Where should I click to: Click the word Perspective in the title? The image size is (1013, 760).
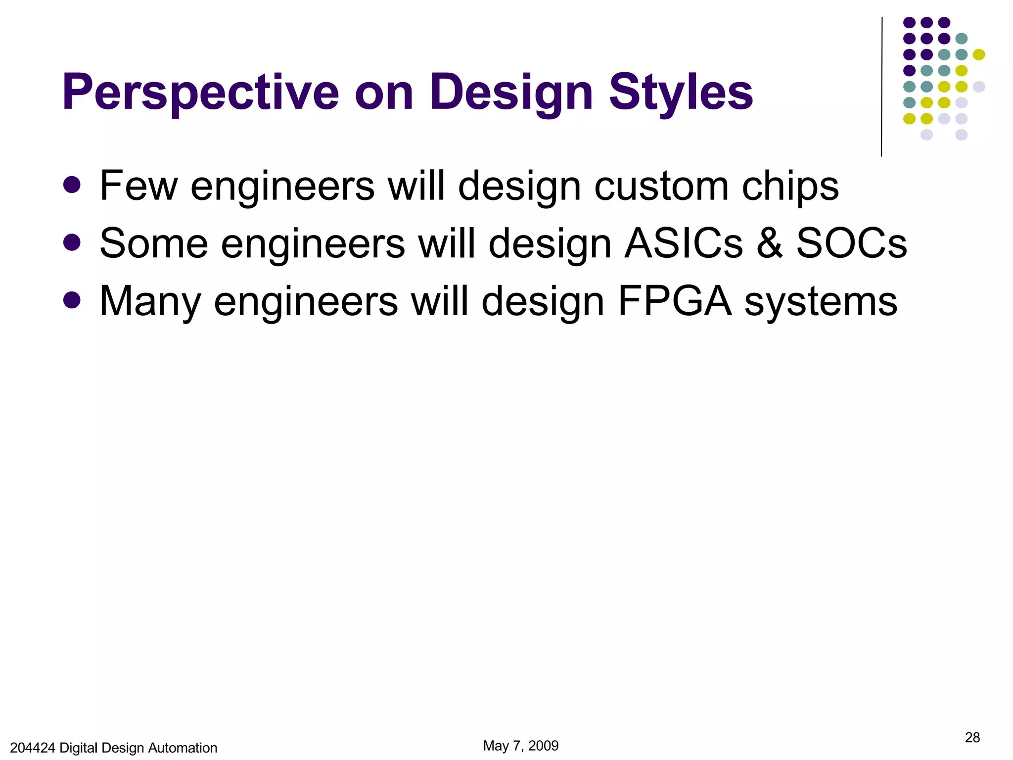(200, 93)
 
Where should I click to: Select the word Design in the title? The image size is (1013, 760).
(511, 93)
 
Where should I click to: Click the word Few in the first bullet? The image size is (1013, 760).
(138, 186)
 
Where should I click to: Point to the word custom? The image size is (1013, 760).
(661, 186)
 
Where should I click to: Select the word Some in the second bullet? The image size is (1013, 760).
(154, 243)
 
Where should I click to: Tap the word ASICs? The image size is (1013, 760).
(684, 243)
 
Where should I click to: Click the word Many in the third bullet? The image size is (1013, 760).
(150, 302)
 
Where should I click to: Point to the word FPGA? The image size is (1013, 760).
(674, 301)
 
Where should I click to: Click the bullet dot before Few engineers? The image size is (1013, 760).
(72, 185)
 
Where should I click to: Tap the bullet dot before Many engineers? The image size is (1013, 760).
(72, 300)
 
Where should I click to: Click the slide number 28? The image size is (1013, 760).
(972, 738)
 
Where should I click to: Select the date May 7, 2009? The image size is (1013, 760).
(520, 746)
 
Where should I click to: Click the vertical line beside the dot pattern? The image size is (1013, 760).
(881, 87)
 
